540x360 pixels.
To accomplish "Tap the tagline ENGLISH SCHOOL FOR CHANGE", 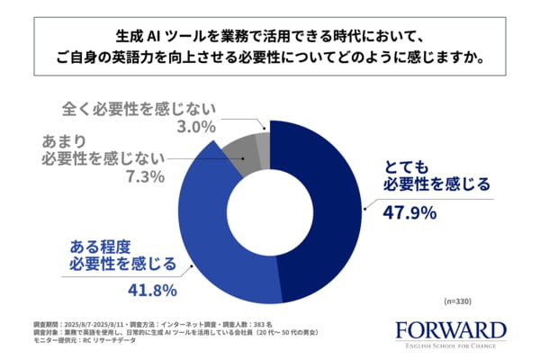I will (450, 346).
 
